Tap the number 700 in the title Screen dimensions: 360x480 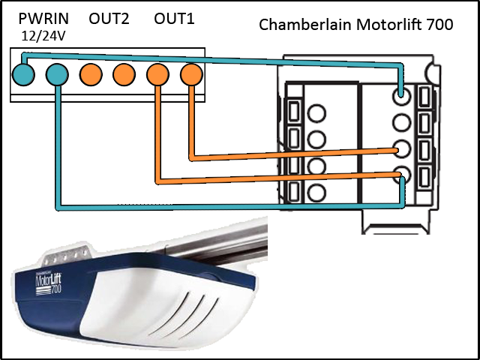[x=438, y=25]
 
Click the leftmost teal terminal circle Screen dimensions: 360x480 [x=23, y=73]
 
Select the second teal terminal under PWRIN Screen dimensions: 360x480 [x=56, y=73]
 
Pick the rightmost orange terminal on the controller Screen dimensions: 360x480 [x=191, y=73]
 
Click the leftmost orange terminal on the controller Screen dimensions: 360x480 [x=91, y=73]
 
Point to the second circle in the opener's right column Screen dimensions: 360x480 [x=403, y=121]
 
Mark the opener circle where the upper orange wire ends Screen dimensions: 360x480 [x=403, y=148]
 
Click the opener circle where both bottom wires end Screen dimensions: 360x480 [x=403, y=175]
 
